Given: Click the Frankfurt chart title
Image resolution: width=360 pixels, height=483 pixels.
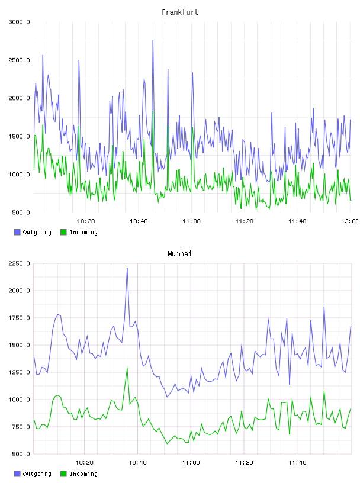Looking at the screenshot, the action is [180, 12].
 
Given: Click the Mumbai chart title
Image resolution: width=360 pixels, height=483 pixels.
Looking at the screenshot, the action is [179, 253].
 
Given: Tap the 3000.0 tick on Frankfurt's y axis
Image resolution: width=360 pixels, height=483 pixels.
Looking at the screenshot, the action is [19, 22].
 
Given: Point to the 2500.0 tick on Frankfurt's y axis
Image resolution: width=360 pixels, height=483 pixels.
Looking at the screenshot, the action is [19, 60].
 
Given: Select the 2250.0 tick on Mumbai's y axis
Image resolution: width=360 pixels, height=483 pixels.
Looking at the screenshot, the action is [19, 263].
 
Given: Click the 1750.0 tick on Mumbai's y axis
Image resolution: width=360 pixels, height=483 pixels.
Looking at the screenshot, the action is [19, 318].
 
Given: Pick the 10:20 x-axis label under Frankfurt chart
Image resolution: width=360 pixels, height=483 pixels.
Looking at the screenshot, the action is [86, 221].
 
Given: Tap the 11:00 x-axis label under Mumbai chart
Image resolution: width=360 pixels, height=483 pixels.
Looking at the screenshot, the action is [191, 462].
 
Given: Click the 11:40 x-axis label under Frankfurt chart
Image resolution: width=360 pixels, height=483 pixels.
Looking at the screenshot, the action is [297, 221].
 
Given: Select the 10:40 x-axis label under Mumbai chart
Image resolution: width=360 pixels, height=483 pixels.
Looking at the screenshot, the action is [137, 462].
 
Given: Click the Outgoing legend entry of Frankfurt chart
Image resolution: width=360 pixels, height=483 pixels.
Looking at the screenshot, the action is [33, 232].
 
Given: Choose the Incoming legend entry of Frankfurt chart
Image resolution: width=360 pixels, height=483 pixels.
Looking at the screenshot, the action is [79, 232].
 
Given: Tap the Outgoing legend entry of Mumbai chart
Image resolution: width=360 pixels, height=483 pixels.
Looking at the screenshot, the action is [33, 474].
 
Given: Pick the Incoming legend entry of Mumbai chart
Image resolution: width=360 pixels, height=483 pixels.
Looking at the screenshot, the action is [79, 474].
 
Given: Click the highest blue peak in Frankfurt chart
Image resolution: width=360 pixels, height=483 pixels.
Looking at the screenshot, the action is [153, 41].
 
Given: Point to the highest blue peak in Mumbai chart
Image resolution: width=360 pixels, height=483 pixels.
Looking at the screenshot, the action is [127, 269].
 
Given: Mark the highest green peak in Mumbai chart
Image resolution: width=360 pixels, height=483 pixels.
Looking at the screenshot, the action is [127, 368].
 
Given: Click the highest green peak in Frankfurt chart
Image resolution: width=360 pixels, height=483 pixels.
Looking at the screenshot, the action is [153, 111].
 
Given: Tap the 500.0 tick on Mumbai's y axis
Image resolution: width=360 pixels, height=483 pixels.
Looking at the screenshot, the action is [19, 454].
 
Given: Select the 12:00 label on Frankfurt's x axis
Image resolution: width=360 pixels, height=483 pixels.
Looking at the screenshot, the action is [350, 221].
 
